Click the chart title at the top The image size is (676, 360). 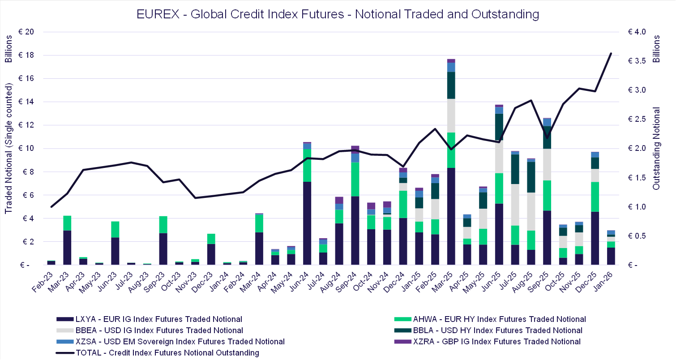(x=338, y=14)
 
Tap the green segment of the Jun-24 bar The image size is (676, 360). (x=307, y=165)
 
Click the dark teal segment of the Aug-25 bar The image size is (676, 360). (x=531, y=177)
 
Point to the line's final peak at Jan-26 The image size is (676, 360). (x=611, y=53)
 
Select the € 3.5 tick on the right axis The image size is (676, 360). (x=637, y=61)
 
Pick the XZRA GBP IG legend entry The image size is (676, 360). (x=493, y=342)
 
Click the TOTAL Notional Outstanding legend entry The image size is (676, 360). (x=163, y=353)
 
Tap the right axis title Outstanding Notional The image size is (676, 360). (x=656, y=148)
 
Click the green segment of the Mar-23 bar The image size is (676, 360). (x=67, y=223)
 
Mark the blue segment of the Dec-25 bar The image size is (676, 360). (x=595, y=154)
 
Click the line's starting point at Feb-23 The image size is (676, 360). (x=51, y=207)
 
